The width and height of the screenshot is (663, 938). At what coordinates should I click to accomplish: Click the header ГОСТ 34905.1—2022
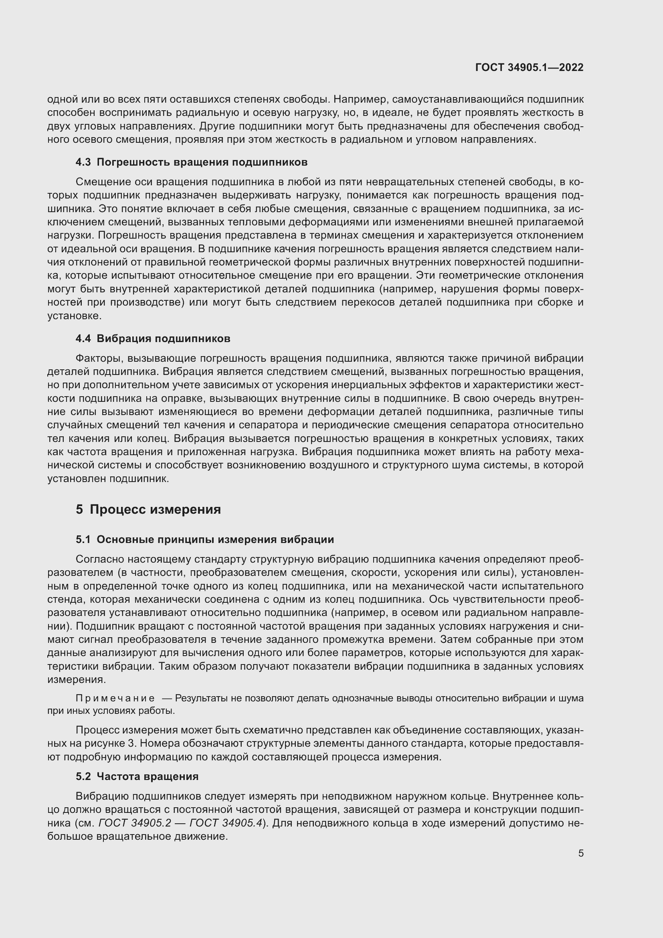click(529, 67)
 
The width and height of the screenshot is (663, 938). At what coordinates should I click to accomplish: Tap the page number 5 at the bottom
click(580, 853)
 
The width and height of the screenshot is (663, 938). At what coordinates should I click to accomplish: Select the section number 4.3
click(83, 162)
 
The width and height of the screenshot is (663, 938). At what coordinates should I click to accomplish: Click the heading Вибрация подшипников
click(163, 339)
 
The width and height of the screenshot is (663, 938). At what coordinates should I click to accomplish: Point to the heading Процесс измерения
click(155, 509)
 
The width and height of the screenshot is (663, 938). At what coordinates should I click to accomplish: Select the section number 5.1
click(83, 540)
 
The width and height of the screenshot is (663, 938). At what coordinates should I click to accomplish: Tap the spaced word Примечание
click(115, 698)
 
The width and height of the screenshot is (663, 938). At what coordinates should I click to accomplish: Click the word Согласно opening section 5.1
click(100, 559)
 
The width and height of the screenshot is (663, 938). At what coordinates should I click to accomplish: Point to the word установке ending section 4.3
click(74, 316)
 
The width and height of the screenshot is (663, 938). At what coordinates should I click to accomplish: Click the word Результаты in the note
click(200, 698)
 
